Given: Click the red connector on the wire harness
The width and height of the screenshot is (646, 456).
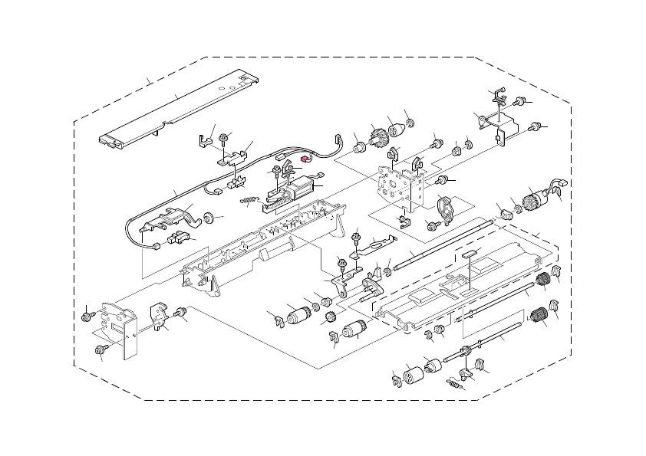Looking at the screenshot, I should [304, 159].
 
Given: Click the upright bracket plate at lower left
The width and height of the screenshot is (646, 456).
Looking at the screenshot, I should [118, 326].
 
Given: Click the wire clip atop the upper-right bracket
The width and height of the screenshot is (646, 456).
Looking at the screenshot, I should [497, 95].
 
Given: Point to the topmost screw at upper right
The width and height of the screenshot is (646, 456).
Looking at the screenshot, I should [519, 100].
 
